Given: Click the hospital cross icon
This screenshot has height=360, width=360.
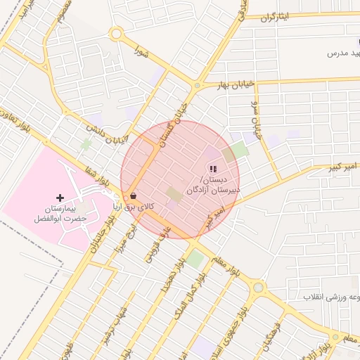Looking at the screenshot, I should click(x=59, y=198).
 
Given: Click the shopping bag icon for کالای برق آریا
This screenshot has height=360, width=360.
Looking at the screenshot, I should click(x=133, y=196).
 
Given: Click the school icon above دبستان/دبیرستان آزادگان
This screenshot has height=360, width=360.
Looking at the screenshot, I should click(x=213, y=168).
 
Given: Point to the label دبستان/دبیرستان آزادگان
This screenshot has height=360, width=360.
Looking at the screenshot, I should click(x=214, y=184).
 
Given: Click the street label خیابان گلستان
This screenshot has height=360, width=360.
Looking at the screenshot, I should click(x=172, y=123).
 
